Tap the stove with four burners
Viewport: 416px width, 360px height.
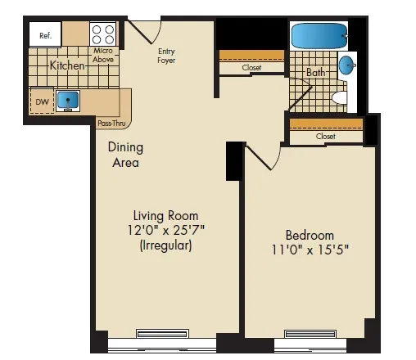click(x=103, y=34)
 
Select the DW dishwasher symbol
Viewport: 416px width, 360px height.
click(x=41, y=101)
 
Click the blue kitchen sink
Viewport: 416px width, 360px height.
click(x=68, y=100)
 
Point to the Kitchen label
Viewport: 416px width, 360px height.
click(x=68, y=65)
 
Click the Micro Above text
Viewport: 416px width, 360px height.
click(x=103, y=54)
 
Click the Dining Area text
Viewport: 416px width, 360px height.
click(x=125, y=155)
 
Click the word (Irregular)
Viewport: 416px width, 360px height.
click(x=166, y=245)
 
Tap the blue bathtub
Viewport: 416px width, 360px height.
click(x=319, y=36)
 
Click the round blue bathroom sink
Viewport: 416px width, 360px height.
click(x=348, y=65)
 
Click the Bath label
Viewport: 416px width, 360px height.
click(x=315, y=73)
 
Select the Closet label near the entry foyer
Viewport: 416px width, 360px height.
click(x=252, y=69)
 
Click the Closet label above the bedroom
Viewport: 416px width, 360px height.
click(x=325, y=137)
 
